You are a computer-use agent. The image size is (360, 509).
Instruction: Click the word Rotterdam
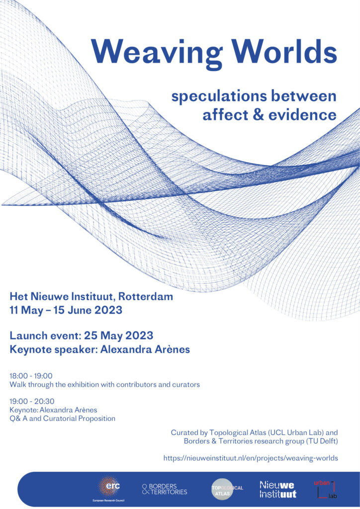point(145,296)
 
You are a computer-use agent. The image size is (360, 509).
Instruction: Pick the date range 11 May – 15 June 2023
point(66,310)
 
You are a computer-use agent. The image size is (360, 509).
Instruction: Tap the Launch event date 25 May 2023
point(118,336)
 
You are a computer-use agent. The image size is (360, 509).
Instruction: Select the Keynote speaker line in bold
point(99,349)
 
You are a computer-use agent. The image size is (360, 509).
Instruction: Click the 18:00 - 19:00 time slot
point(31,376)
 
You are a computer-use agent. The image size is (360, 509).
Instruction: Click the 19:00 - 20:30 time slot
point(32,401)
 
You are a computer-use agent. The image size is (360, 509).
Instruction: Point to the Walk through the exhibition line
point(104,385)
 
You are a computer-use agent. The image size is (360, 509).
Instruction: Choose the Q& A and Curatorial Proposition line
point(62,419)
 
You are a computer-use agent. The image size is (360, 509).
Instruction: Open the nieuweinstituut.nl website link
point(251,458)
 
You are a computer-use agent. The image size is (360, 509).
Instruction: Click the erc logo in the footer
point(109,489)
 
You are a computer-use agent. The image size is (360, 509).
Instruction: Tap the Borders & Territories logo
point(165,489)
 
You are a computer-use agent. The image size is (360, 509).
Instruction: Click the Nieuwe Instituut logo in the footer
point(278,490)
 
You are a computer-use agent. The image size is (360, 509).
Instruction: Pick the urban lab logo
point(325,489)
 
